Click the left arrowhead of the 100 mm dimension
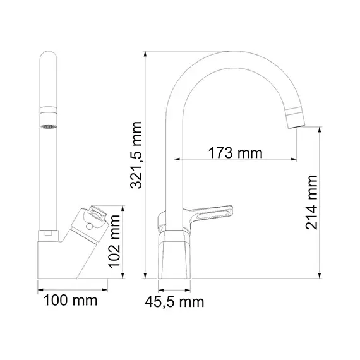(x=39, y=291)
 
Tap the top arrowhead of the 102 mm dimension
(x=123, y=206)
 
